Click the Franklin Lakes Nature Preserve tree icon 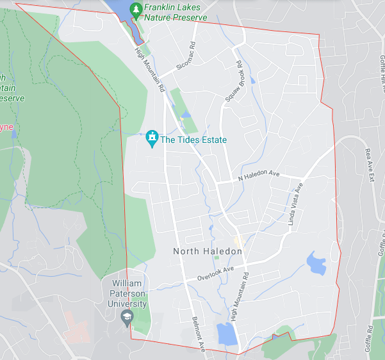click(136, 9)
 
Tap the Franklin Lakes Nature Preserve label click(176, 13)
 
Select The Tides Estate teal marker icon click(152, 137)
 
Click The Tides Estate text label click(193, 140)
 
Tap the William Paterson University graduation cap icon click(127, 316)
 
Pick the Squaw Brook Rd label click(234, 82)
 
